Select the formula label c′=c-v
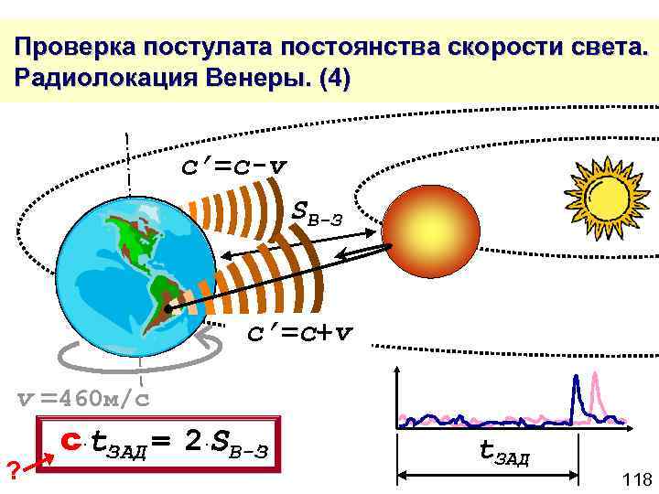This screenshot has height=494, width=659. click(x=232, y=166)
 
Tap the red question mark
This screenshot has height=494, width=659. click(x=13, y=471)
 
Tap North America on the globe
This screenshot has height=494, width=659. click(x=128, y=238)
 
